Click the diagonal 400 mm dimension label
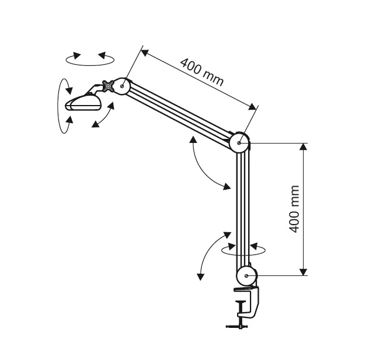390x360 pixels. click(202, 72)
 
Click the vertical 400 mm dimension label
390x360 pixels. click(294, 209)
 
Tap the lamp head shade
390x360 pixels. click(83, 103)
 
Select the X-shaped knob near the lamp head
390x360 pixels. click(108, 86)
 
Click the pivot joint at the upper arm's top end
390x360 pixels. click(122, 86)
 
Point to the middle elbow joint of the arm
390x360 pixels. click(239, 142)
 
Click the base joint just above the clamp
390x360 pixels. click(246, 276)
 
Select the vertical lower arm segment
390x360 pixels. click(242, 209)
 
